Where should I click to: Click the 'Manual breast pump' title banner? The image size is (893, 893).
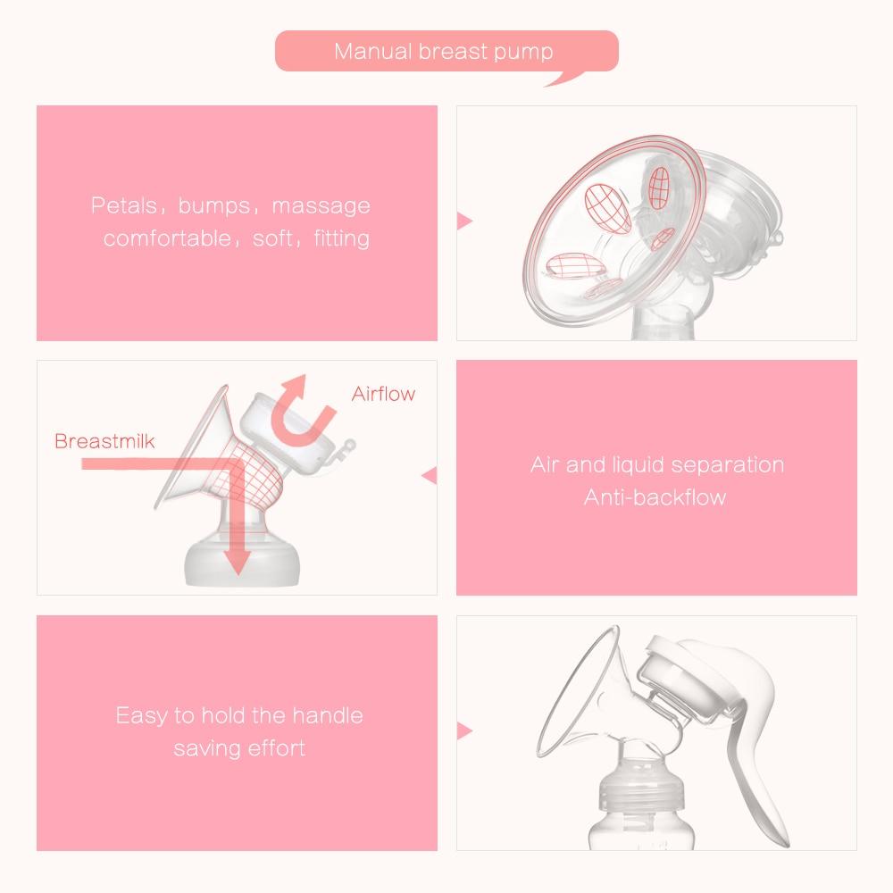tap(444, 51)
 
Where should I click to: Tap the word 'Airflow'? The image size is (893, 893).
tap(383, 394)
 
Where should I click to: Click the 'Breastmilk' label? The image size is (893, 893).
tap(104, 441)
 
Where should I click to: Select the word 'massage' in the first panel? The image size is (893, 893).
tap(321, 206)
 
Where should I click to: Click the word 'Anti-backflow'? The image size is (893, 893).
tap(655, 497)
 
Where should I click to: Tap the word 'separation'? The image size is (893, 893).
tap(727, 465)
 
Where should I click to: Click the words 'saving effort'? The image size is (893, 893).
tap(239, 747)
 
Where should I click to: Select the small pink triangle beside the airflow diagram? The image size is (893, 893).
tap(430, 475)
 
